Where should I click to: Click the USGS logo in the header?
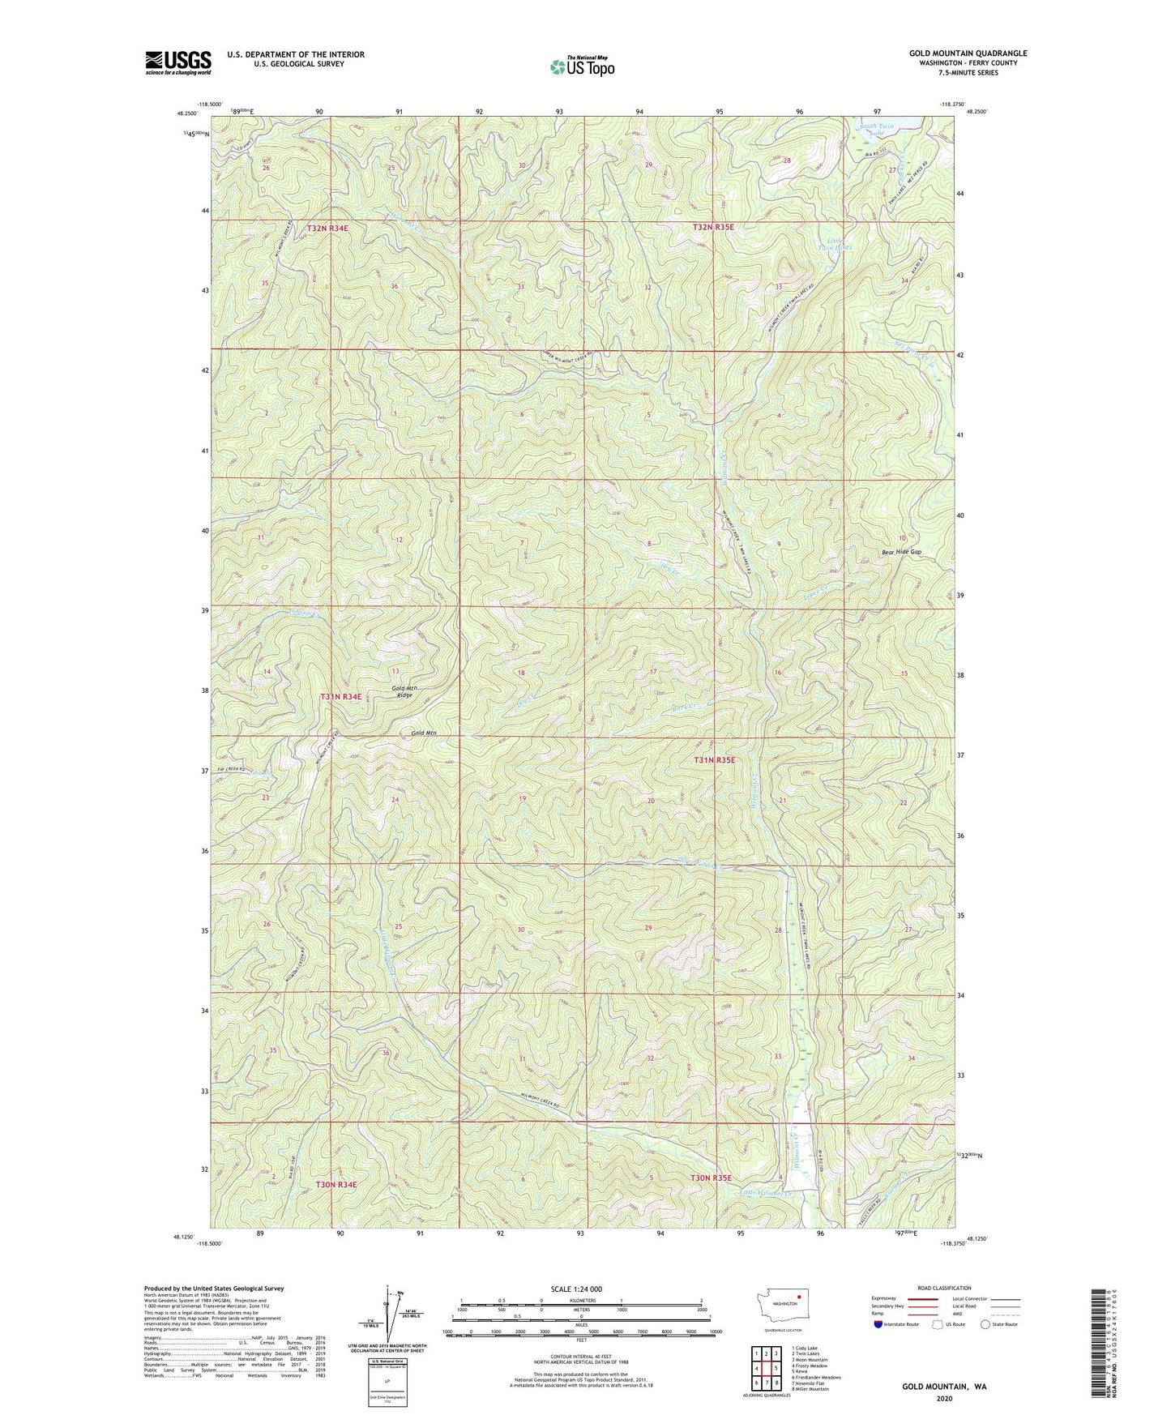click(178, 62)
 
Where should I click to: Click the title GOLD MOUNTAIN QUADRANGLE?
click(968, 53)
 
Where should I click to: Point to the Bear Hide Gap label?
click(901, 552)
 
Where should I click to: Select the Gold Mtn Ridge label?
click(402, 691)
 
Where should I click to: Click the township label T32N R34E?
click(327, 229)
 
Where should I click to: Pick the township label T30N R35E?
click(711, 1178)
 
